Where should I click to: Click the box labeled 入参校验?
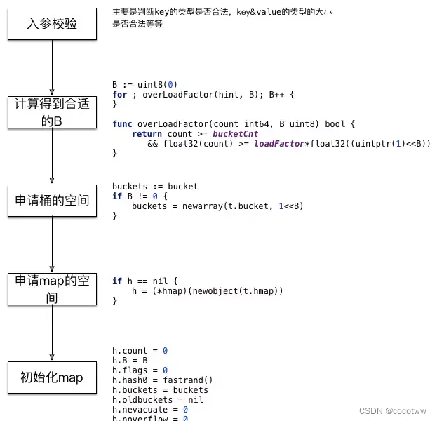point(52,25)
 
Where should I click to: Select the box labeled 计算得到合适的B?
point(52,112)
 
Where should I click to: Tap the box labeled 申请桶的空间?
point(52,201)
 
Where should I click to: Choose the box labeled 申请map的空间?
point(52,289)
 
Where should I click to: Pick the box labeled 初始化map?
point(52,377)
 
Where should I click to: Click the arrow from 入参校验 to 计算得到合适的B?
point(53,68)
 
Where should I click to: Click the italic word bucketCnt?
point(236,134)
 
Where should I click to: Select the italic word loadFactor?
point(279,144)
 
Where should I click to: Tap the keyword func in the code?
point(122,124)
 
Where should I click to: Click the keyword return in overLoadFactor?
point(147,134)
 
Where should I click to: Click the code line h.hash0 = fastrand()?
point(162,380)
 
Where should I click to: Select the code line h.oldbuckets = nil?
point(159,400)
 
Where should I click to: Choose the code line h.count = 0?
point(140,350)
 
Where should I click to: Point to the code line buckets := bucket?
point(155,187)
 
